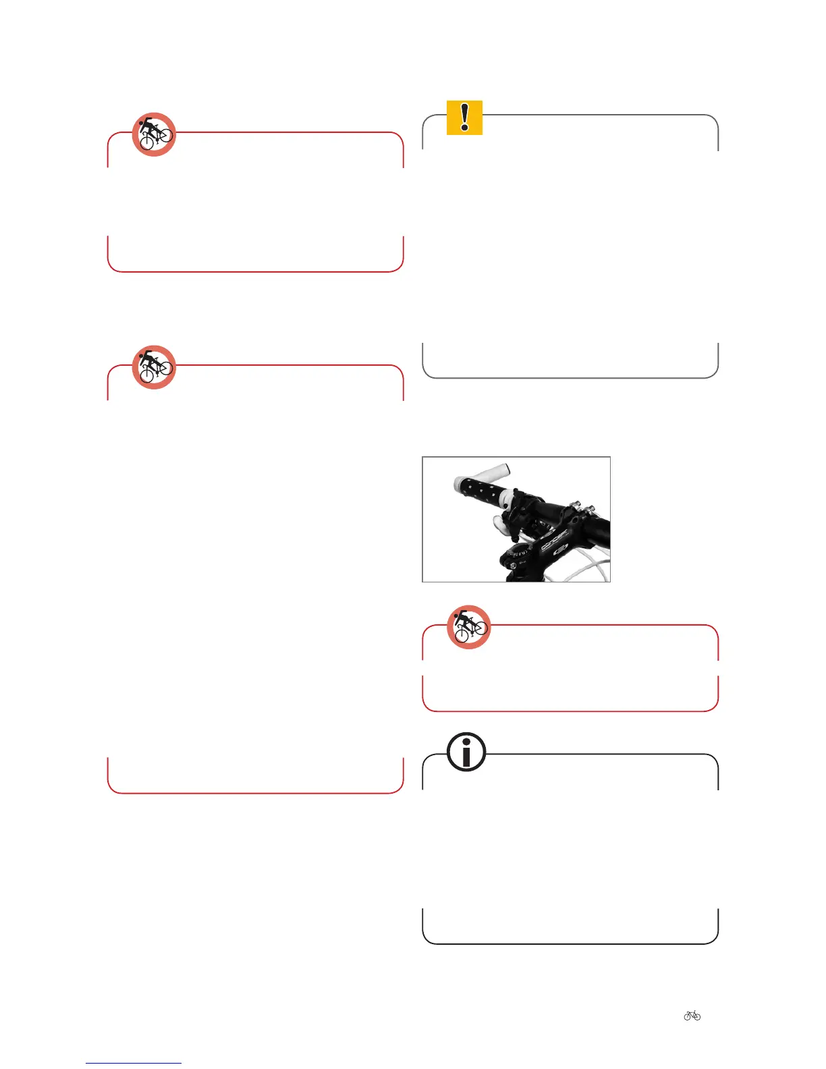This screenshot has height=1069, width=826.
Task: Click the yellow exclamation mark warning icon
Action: point(464,117)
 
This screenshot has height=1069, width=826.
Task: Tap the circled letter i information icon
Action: point(466,752)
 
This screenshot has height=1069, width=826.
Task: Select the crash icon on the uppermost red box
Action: point(154,134)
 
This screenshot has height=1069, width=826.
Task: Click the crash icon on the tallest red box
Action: point(154,367)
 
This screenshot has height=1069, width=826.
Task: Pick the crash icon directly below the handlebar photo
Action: point(469,627)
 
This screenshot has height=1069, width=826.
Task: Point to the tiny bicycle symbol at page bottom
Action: point(692,1015)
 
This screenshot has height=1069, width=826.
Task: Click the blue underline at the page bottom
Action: point(134,1063)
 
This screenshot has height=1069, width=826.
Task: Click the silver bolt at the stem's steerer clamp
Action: point(512,565)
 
